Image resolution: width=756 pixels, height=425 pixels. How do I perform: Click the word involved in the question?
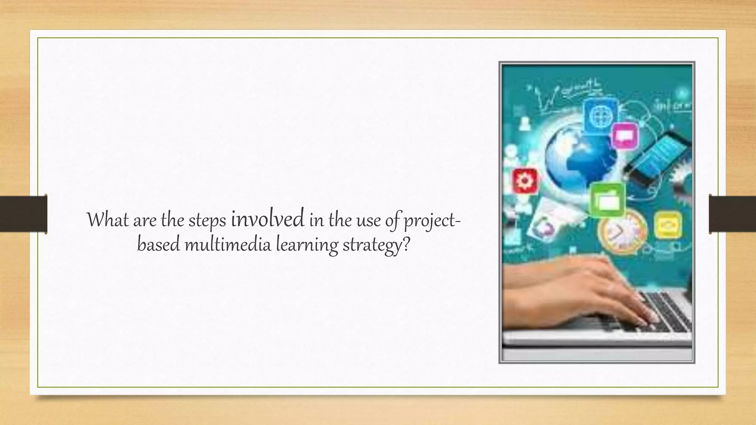(x=268, y=218)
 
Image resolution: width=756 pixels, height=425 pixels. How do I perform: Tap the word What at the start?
(x=107, y=220)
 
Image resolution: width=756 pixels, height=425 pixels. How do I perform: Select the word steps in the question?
(x=207, y=221)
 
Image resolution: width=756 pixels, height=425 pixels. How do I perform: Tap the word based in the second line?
(x=158, y=245)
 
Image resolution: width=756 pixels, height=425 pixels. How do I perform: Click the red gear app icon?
(x=524, y=181)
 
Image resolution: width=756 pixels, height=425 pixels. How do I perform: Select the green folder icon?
(x=607, y=200)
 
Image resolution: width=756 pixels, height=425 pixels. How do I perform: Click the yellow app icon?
(x=667, y=225)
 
